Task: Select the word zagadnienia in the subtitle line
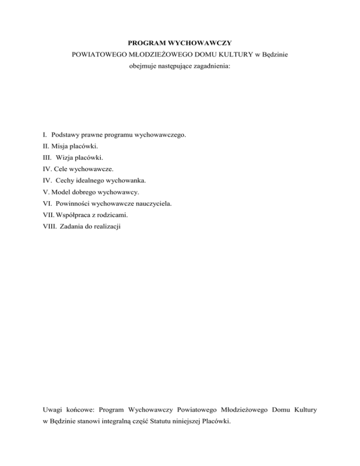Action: (212, 66)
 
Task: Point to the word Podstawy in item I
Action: (66, 135)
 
